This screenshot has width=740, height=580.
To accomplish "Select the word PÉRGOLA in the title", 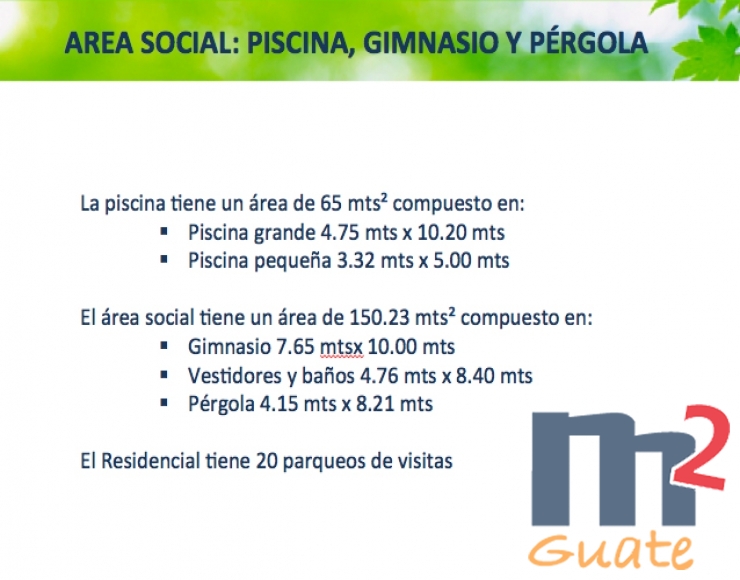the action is [x=589, y=42].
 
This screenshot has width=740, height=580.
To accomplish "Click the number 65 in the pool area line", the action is [x=331, y=204].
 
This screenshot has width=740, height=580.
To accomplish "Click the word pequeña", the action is [x=293, y=262].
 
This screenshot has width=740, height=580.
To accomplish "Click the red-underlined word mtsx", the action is [x=341, y=347].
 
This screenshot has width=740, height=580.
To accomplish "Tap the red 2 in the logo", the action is [x=699, y=447].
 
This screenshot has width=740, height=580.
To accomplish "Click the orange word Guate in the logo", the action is [x=611, y=550].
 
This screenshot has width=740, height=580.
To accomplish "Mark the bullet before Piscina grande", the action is [x=164, y=231].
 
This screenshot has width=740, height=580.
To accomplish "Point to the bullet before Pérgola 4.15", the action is [x=164, y=403].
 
